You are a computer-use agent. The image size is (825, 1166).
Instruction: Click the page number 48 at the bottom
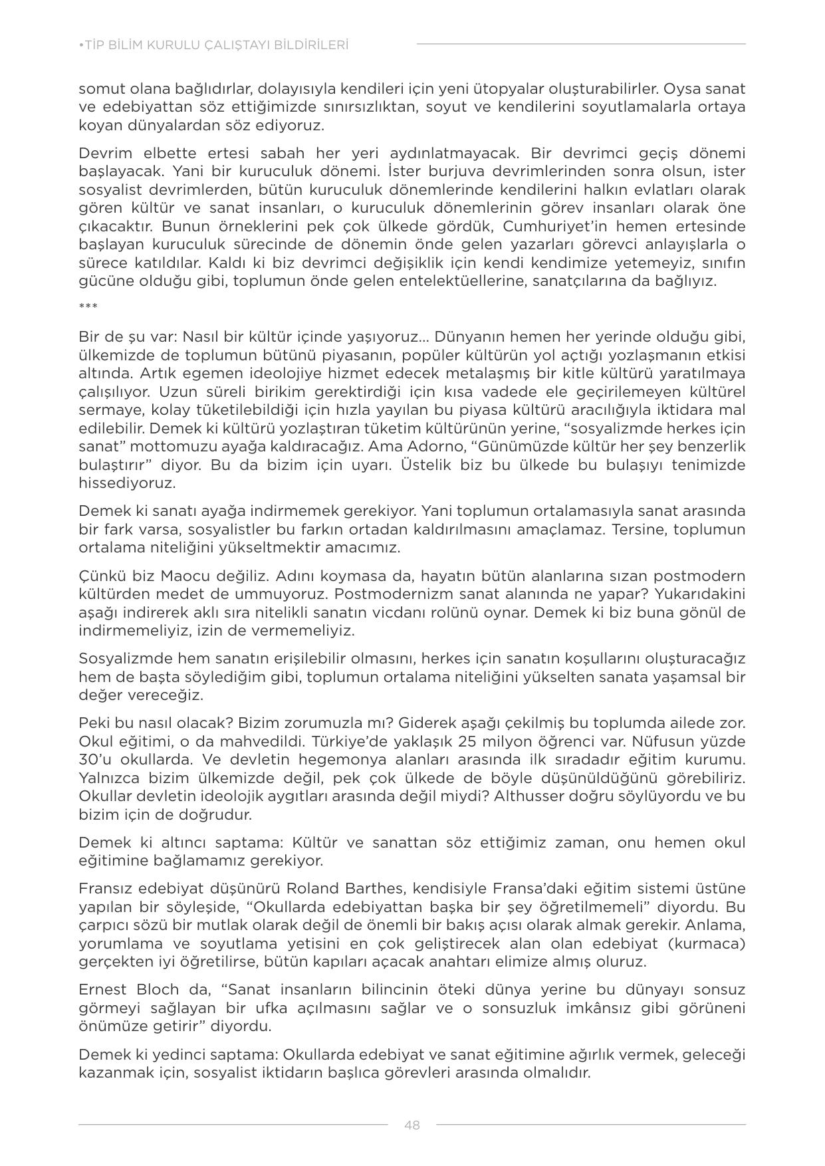412,1125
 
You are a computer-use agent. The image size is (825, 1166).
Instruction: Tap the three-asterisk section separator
88,306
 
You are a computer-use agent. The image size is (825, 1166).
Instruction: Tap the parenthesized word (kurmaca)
706,944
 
